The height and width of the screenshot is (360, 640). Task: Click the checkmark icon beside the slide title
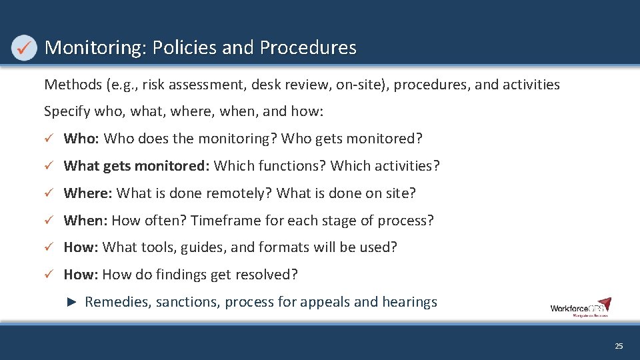[x=24, y=48]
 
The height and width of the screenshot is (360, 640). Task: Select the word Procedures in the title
[x=308, y=48]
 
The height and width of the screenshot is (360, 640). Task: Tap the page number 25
[x=619, y=346]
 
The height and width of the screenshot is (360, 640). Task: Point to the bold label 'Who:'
[x=81, y=139]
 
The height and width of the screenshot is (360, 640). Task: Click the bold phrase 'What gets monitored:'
[x=137, y=166]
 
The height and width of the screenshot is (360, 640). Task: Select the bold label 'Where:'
[x=88, y=193]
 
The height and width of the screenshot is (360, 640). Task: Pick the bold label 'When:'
[x=86, y=221]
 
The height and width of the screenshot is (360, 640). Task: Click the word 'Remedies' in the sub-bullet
[x=118, y=302]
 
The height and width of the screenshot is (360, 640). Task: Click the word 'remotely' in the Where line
[x=237, y=193]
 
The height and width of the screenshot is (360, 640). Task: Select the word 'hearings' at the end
[x=409, y=302]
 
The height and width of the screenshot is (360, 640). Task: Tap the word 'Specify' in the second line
[x=65, y=111]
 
